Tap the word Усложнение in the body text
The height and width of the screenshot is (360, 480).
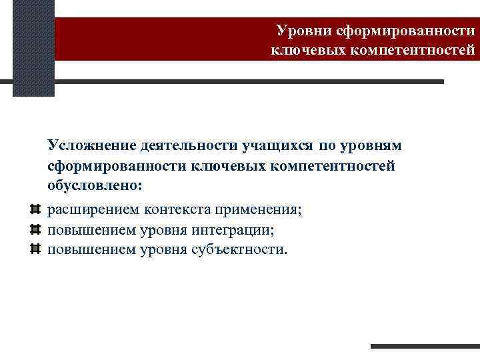91,145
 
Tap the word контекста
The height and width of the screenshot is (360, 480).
175,210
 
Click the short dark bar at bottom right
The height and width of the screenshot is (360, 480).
425,346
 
